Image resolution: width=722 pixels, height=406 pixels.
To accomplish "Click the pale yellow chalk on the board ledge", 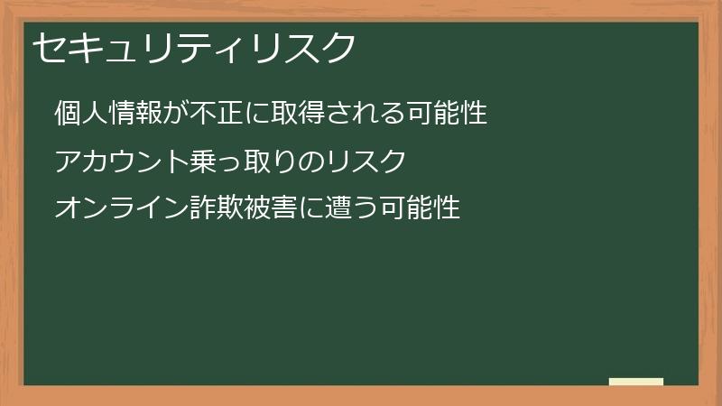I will [x=636, y=382].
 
